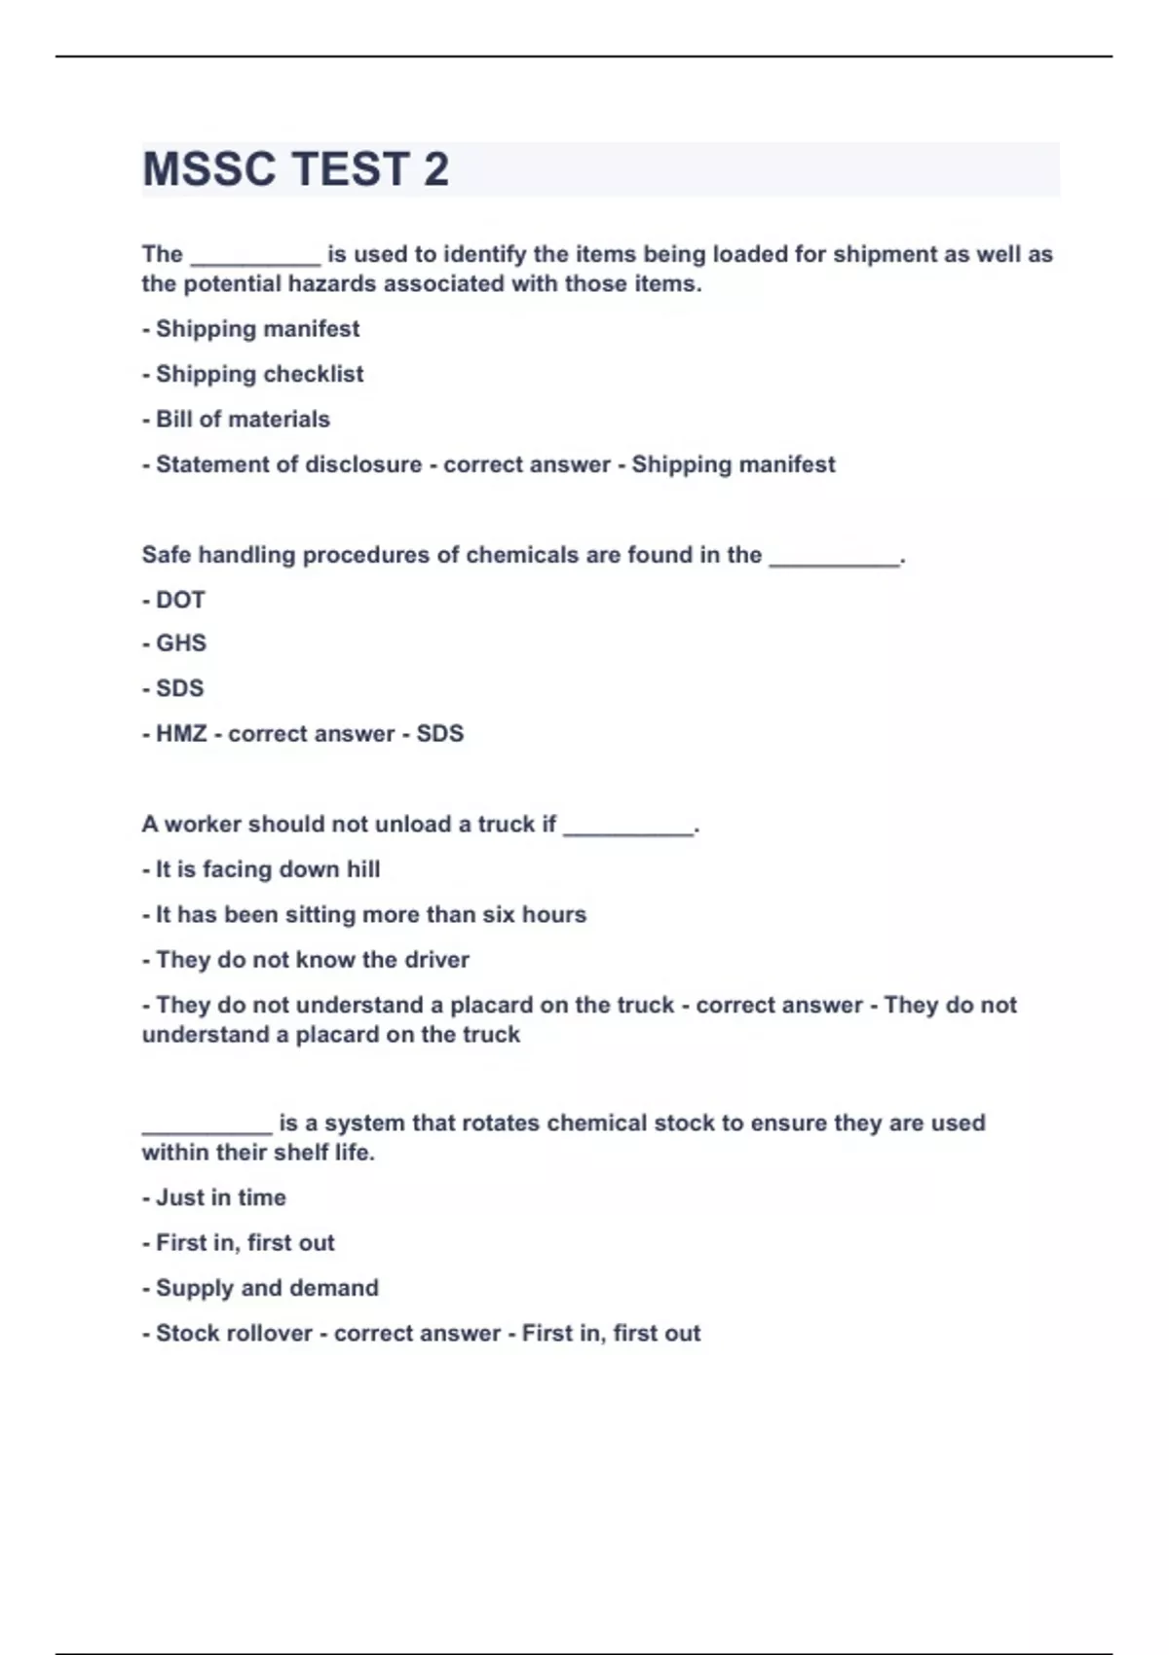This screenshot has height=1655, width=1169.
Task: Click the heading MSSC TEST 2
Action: tap(295, 169)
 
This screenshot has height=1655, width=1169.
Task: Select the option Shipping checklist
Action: tap(259, 374)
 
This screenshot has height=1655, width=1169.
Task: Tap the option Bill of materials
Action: tap(243, 420)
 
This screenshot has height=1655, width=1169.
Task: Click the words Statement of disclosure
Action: tap(288, 464)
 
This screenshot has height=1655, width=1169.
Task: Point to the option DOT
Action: tap(180, 600)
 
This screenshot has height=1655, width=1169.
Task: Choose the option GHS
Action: tap(181, 644)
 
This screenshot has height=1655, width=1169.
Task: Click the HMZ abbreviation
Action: tap(181, 734)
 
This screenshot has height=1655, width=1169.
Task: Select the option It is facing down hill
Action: tap(268, 869)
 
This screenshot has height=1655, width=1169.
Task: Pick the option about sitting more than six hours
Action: tap(371, 915)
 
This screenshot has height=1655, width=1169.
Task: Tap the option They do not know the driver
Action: tap(312, 960)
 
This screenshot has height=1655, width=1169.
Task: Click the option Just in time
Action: tap(221, 1197)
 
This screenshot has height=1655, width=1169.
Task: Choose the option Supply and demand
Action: tap(267, 1288)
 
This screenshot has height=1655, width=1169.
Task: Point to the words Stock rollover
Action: tap(234, 1334)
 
